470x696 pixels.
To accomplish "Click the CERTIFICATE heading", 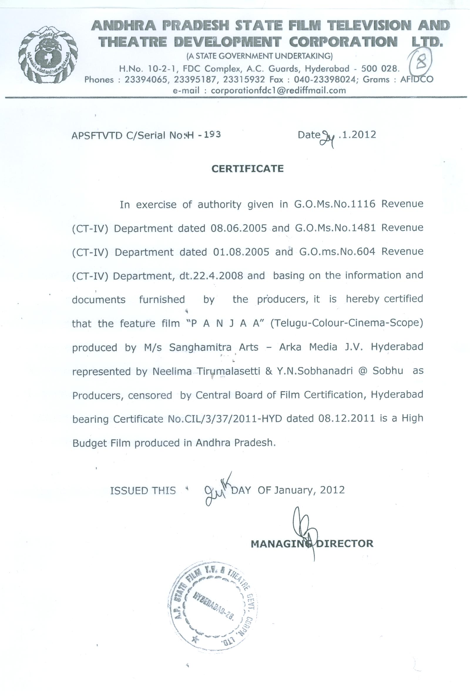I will click(x=248, y=169).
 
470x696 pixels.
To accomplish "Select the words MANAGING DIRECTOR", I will click(x=312, y=543).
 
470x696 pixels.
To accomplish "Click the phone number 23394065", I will click(x=145, y=80).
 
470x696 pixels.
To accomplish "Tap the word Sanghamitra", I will click(x=200, y=347).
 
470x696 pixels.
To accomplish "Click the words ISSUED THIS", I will click(x=143, y=491).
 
